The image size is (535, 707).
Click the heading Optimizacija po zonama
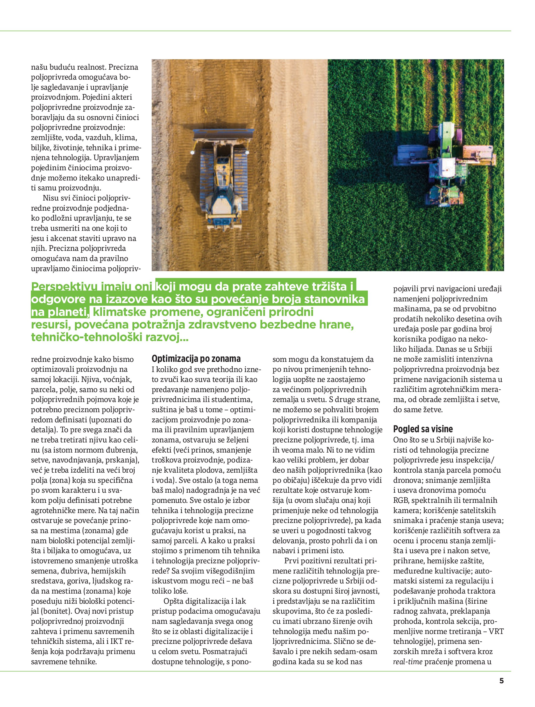196,359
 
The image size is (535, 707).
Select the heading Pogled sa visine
423,429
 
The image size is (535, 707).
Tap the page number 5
501,681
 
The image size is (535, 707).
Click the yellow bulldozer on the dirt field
223,179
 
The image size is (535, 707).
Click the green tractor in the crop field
447,163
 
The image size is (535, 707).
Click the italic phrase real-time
408,662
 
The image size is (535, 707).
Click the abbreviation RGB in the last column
401,500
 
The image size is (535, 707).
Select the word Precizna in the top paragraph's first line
123,67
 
